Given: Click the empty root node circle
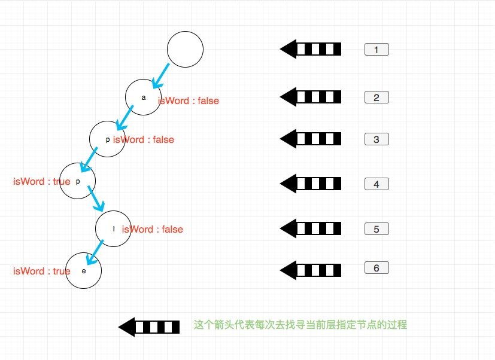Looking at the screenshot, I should click(186, 49).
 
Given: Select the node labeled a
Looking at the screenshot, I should click(143, 97).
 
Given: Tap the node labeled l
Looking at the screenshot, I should click(113, 229).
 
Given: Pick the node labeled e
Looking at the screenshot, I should click(84, 271).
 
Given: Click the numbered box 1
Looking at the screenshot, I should click(376, 50).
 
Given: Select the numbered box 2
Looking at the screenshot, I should click(376, 97).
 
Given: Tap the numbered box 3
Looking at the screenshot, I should click(376, 139).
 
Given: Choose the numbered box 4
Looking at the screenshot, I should click(376, 184).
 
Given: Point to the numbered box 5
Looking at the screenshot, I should click(376, 229).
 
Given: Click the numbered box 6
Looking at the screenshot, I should click(376, 268).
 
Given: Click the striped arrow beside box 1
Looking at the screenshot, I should click(311, 49).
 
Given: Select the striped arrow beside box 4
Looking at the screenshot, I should click(311, 184).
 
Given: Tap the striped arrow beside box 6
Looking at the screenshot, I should click(311, 270).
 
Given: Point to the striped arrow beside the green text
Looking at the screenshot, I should click(149, 327).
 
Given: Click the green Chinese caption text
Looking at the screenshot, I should click(300, 325).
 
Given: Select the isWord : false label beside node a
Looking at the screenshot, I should click(189, 101).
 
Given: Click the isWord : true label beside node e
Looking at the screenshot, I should click(41, 271).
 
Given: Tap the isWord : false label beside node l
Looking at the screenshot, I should click(153, 230).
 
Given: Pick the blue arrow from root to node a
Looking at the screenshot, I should click(160, 75).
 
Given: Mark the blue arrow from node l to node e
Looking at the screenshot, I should click(95, 252).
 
